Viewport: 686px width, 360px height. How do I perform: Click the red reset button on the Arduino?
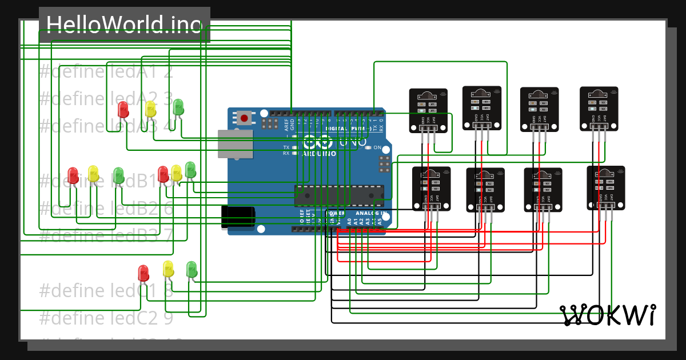point(244,118)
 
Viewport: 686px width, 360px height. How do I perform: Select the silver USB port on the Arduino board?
point(235,144)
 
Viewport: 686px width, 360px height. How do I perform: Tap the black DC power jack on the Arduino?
point(238,217)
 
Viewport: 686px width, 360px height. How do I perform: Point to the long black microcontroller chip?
point(339,195)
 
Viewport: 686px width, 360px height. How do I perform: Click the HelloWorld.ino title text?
point(124,25)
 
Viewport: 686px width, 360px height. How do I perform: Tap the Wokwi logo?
point(608,315)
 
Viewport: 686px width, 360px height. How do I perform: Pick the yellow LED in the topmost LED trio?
point(150,109)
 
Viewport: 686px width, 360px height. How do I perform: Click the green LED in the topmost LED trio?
point(178,106)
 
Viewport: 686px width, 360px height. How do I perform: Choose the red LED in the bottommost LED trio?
point(143,273)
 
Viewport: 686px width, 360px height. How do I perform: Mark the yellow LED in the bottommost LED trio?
point(168,269)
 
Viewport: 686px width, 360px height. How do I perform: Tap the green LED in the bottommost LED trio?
point(192,269)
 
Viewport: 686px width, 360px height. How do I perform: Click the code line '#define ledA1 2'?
point(106,72)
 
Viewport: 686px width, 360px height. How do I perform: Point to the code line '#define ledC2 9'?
point(106,317)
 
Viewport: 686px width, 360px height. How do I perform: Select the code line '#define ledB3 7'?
point(106,235)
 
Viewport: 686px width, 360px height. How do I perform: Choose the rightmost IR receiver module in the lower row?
point(605,187)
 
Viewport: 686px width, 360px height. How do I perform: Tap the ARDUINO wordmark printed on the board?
point(318,154)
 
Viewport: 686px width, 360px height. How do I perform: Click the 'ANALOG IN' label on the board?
point(365,213)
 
